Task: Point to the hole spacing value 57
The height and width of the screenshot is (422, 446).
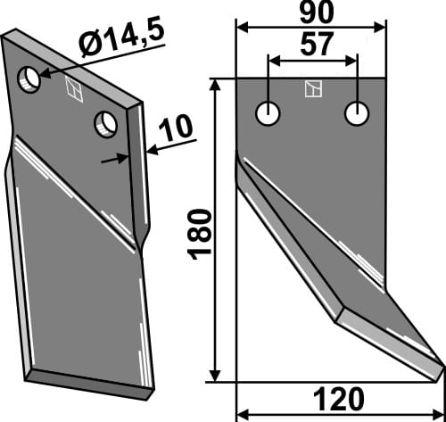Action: click(x=313, y=46)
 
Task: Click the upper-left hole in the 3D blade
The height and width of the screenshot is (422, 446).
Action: click(x=30, y=79)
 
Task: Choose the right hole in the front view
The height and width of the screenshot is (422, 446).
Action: click(x=358, y=113)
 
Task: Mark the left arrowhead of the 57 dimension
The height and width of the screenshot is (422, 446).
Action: click(x=273, y=61)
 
